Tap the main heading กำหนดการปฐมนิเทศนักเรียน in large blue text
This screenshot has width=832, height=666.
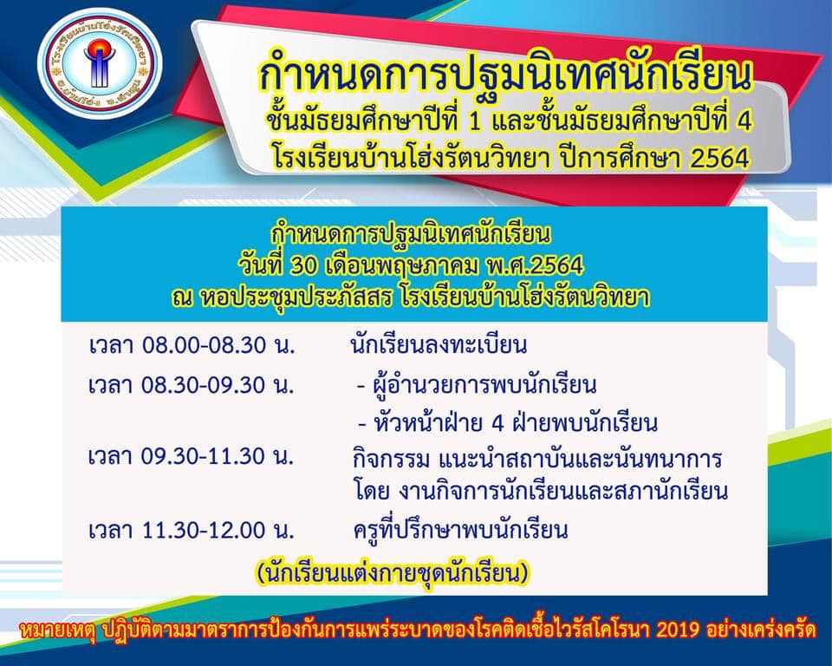pyautogui.click(x=505, y=75)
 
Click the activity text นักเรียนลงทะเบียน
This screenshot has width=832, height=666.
pyautogui.click(x=439, y=346)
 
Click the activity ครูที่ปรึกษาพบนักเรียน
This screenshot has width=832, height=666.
pyautogui.click(x=460, y=529)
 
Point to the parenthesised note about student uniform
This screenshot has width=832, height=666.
pyautogui.click(x=393, y=573)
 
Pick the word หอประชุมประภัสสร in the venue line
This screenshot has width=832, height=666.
pyautogui.click(x=297, y=297)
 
